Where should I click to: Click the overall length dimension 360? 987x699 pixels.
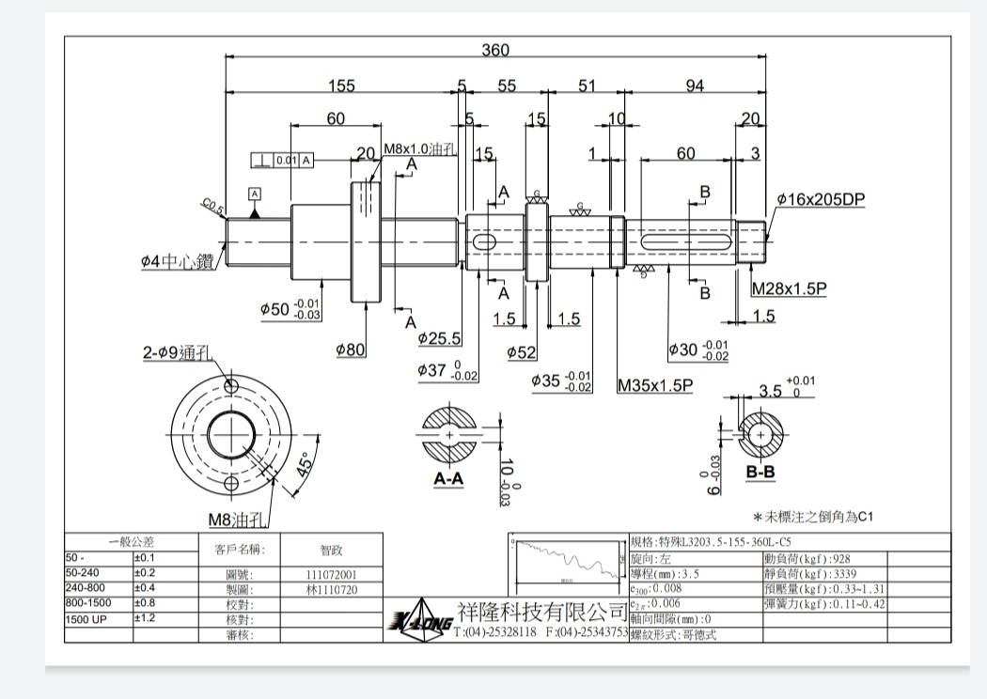point(495,50)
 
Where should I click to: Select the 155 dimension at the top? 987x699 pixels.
point(341,85)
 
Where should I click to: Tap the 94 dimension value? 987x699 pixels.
point(695,85)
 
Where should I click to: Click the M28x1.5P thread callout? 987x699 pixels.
point(789,289)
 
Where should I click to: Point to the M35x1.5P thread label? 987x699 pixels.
point(655,385)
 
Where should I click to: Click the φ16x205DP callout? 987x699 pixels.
point(821,200)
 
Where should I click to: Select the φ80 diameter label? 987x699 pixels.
point(351,349)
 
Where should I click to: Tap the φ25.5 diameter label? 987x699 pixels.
point(439,338)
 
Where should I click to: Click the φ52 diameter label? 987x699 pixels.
point(522,352)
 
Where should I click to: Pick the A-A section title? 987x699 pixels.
point(448,478)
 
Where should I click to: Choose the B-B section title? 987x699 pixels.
point(760,472)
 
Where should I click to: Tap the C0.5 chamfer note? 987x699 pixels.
point(212,207)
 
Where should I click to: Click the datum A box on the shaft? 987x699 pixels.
point(255,194)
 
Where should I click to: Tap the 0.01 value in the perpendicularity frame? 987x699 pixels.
point(286,160)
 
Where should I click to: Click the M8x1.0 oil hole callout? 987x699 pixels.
point(419,149)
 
